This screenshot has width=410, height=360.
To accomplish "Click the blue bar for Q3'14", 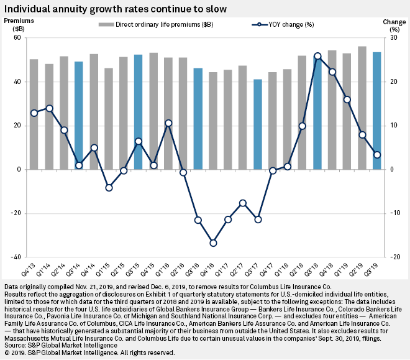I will (79, 115).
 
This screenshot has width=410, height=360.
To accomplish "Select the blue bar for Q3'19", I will (376, 110).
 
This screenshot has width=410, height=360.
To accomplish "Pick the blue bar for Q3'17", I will (257, 124).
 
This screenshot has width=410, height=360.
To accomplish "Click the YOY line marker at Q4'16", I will (213, 243).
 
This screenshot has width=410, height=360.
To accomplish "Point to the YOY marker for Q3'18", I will (317, 56).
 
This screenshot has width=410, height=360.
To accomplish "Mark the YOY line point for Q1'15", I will (109, 187).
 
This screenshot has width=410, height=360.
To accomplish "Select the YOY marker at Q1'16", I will (168, 123).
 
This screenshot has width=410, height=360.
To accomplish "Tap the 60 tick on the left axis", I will (17, 38).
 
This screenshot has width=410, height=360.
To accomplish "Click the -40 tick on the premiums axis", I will (16, 257).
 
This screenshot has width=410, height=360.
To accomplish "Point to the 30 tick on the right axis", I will (393, 38).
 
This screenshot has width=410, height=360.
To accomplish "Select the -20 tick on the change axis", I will (393, 257).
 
